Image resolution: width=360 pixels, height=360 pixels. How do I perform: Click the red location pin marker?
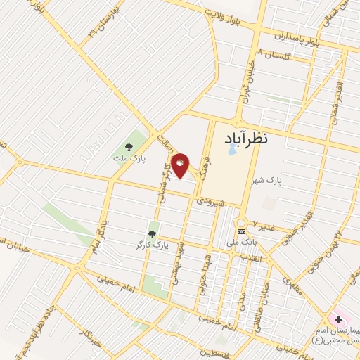(x=180, y=164)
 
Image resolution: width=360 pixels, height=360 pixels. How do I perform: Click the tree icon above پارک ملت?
(x=128, y=147)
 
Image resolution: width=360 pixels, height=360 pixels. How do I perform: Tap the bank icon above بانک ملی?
(x=241, y=231)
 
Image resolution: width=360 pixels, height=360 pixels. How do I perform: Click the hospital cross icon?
(x=338, y=320)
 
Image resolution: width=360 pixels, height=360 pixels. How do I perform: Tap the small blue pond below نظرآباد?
(x=231, y=150)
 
